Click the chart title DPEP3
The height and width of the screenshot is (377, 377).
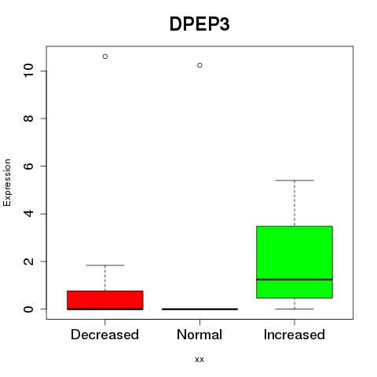coord(199,24)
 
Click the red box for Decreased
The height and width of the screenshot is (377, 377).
coord(105,300)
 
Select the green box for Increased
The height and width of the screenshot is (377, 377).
coord(295,262)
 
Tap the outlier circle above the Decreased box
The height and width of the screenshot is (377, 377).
coord(105,57)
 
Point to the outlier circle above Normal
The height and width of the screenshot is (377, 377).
coord(199,65)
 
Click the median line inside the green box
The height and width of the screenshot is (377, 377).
coord(295,280)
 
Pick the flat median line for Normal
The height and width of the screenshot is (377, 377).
coord(199,309)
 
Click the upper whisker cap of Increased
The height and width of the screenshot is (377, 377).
coord(295,181)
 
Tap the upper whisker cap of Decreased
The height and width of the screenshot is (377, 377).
coord(105,265)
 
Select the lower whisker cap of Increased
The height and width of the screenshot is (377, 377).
coord(295,309)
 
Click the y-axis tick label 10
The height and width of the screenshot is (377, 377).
coord(29,70)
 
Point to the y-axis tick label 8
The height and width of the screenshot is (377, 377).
coord(29,119)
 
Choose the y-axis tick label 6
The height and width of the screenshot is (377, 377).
coord(29,166)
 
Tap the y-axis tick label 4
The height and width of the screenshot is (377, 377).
coord(29,214)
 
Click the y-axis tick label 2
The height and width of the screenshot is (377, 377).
coord(29,262)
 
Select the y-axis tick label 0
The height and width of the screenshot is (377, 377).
coord(29,309)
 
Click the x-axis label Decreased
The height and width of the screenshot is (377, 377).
coord(104,335)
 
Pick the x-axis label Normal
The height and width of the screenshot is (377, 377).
coord(199,335)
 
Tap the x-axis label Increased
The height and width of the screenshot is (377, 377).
coord(295,335)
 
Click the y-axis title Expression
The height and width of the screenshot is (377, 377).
coord(7,182)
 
